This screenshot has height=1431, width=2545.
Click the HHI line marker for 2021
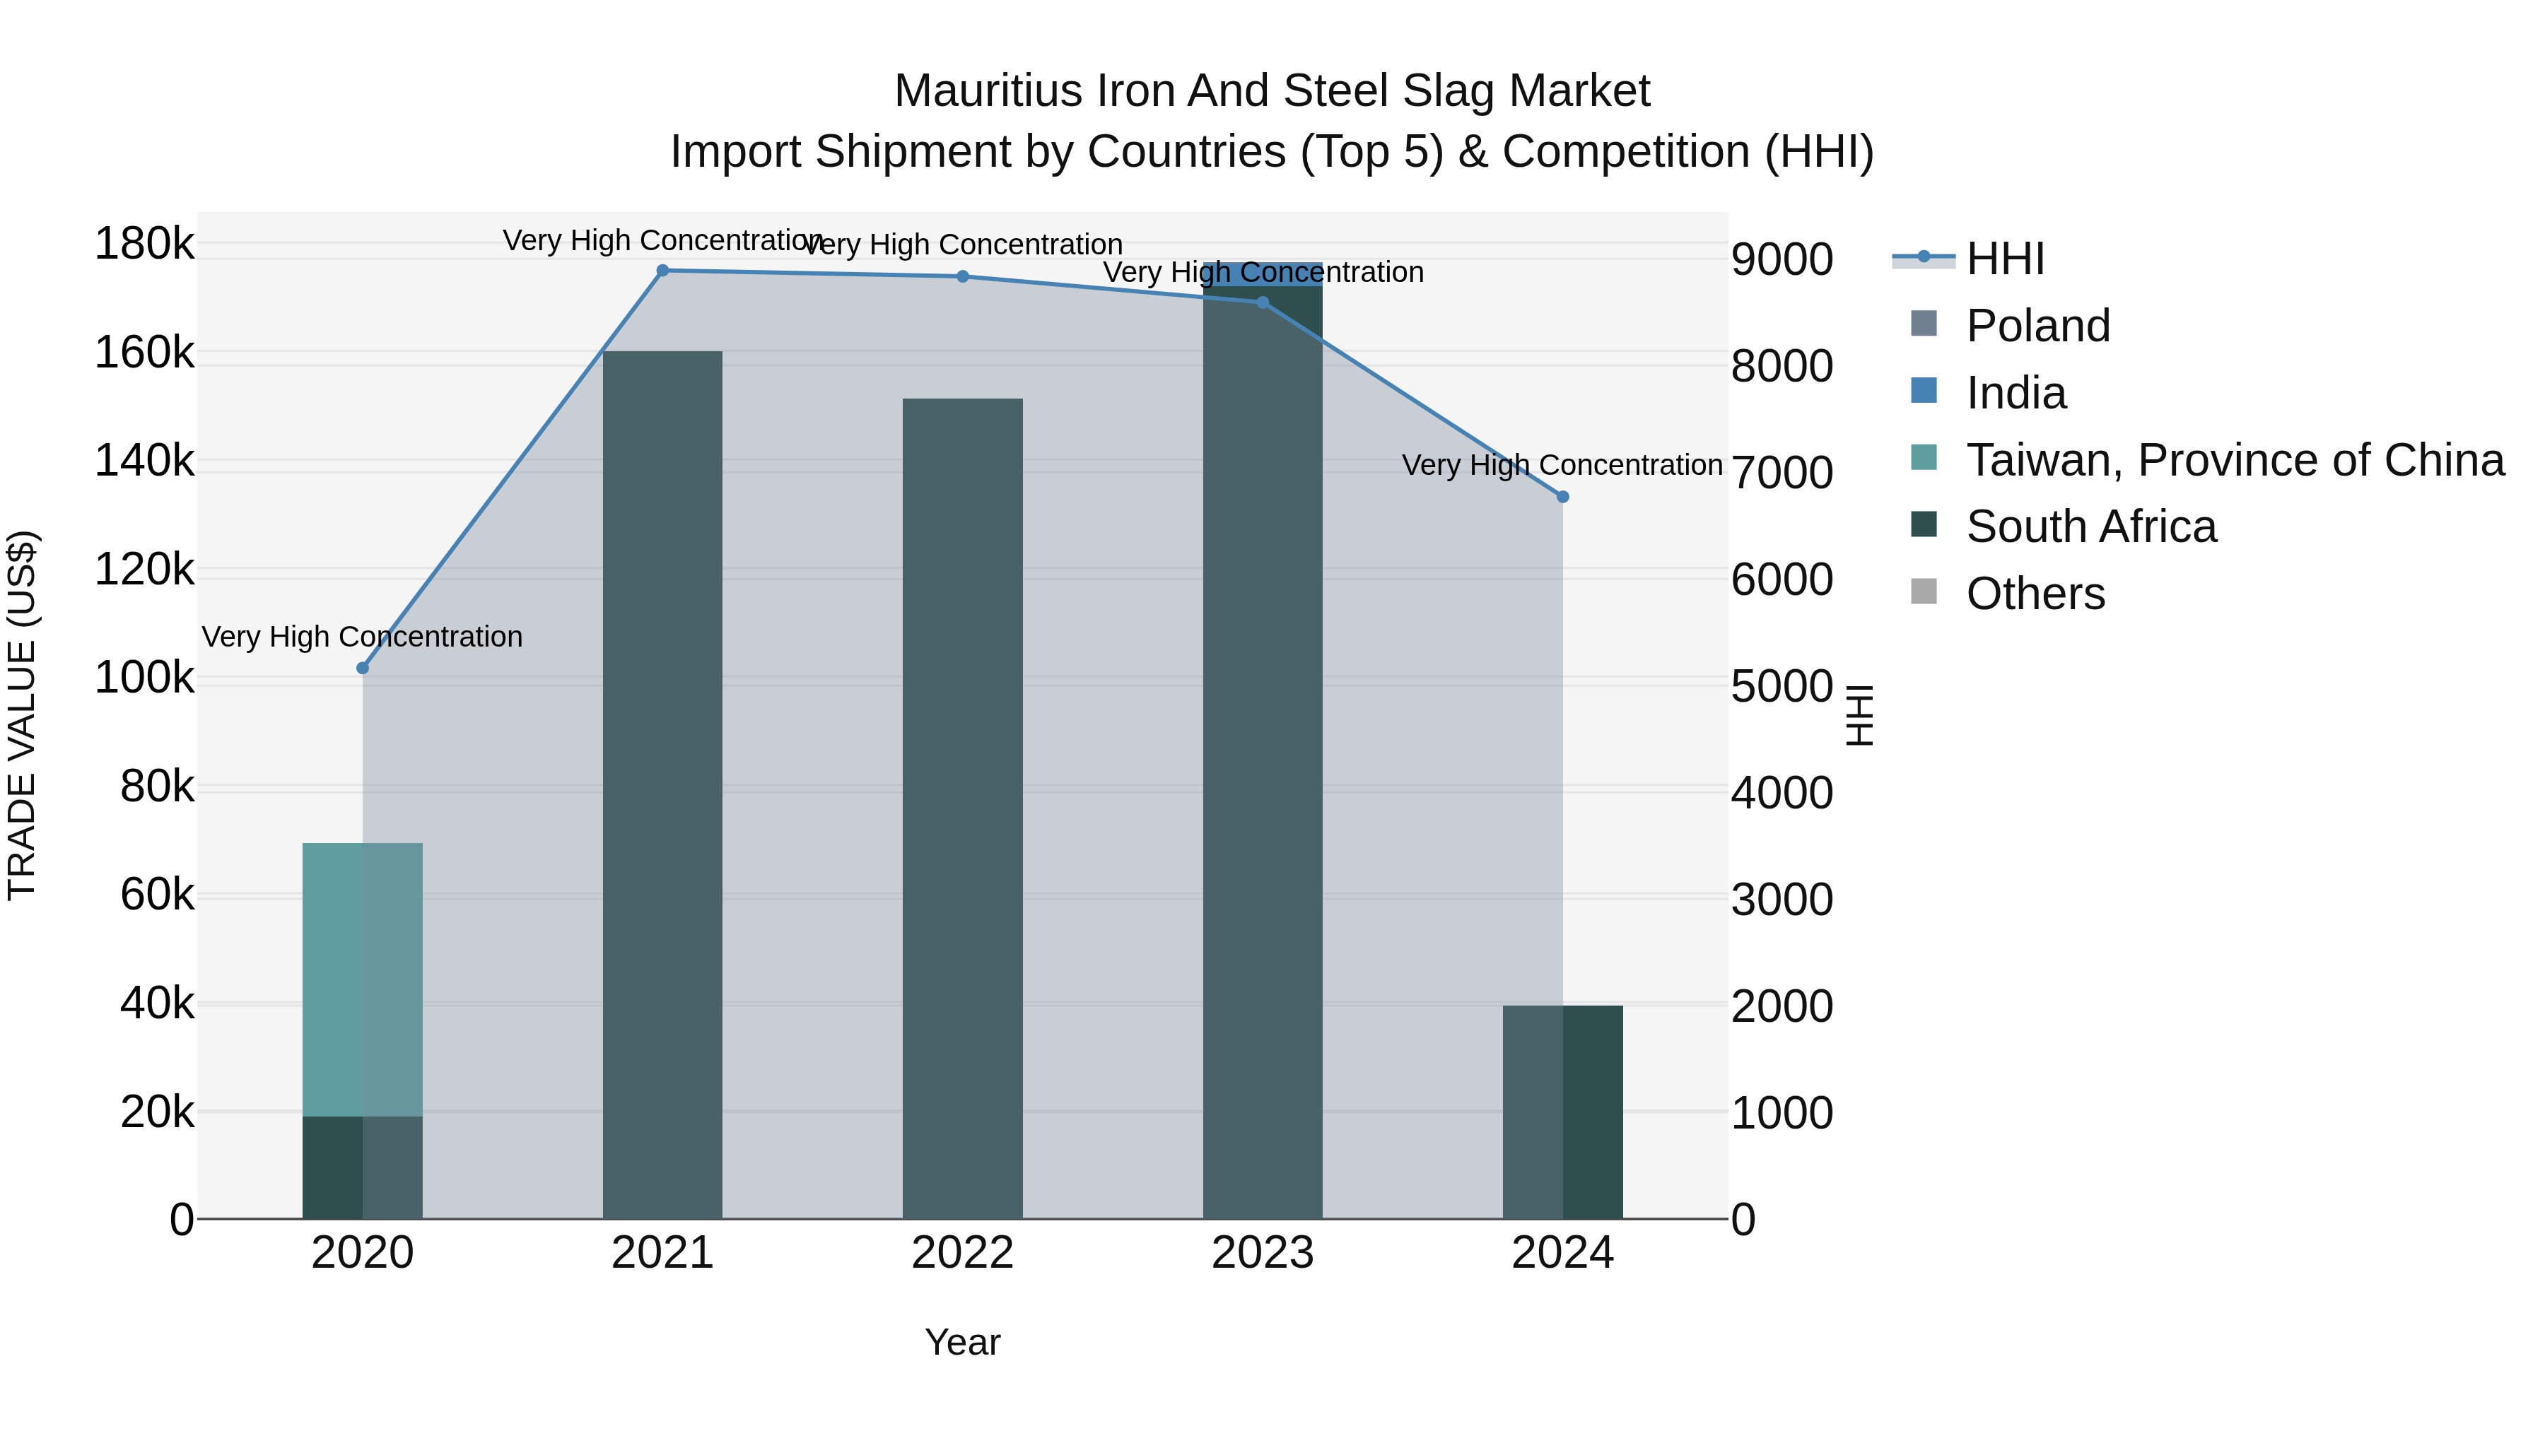(663, 271)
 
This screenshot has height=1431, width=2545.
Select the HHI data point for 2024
(1563, 497)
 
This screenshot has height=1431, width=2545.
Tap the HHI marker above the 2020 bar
(363, 669)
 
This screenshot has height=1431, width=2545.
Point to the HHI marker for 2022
(964, 276)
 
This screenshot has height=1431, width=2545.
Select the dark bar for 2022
(964, 810)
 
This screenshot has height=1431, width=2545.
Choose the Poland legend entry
(2037, 326)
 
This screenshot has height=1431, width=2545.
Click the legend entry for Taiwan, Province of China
(2235, 460)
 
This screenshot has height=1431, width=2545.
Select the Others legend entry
(2035, 594)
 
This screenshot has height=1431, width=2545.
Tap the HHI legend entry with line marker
(2005, 259)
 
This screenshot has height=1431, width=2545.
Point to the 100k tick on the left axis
(144, 678)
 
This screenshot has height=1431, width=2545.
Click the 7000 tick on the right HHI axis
(1781, 472)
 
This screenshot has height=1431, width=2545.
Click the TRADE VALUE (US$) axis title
(22, 715)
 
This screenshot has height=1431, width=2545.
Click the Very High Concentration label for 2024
(1562, 464)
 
